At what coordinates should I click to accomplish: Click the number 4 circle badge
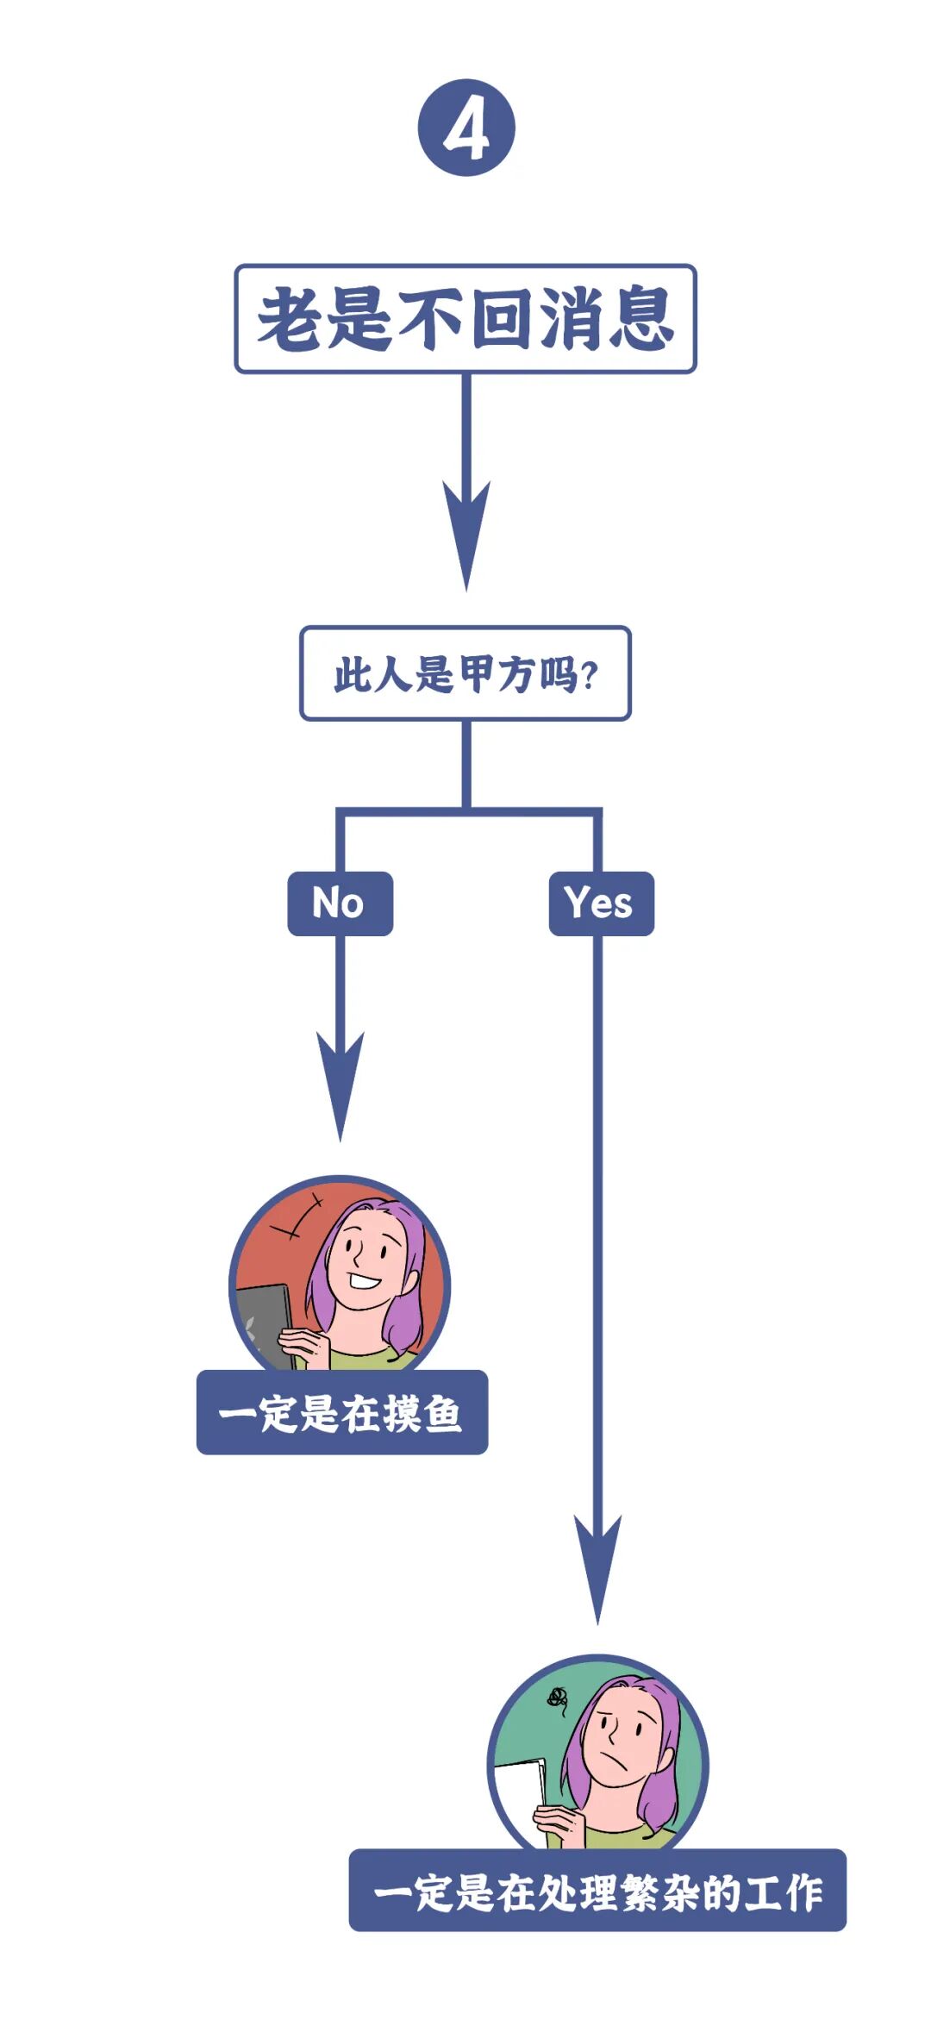466,128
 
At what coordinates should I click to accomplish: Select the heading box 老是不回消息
465,319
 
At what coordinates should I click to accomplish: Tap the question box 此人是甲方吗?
465,673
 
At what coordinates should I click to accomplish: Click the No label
340,904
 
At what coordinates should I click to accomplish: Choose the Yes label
601,904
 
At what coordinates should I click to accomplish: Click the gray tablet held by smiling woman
263,1323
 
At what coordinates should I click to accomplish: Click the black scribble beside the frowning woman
557,1698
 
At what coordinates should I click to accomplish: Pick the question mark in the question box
589,675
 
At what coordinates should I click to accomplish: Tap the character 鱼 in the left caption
442,1414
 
